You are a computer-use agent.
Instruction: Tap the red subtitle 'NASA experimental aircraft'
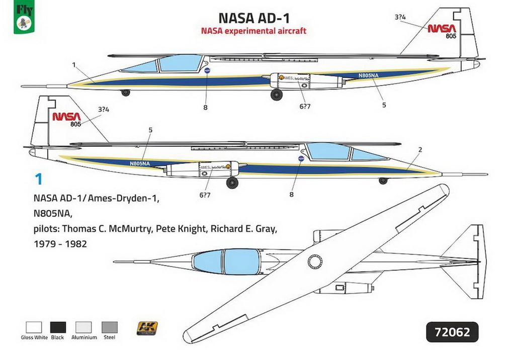point(253,31)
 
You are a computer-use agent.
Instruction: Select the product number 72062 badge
point(452,332)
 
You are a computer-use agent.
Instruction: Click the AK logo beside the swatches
point(147,329)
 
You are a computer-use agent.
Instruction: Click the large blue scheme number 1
point(37,179)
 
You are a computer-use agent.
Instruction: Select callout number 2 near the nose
point(420,150)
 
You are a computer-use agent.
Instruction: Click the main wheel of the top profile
point(277,95)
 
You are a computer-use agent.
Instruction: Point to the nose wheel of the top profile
point(126,93)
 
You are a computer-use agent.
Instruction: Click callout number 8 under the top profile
point(205,107)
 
